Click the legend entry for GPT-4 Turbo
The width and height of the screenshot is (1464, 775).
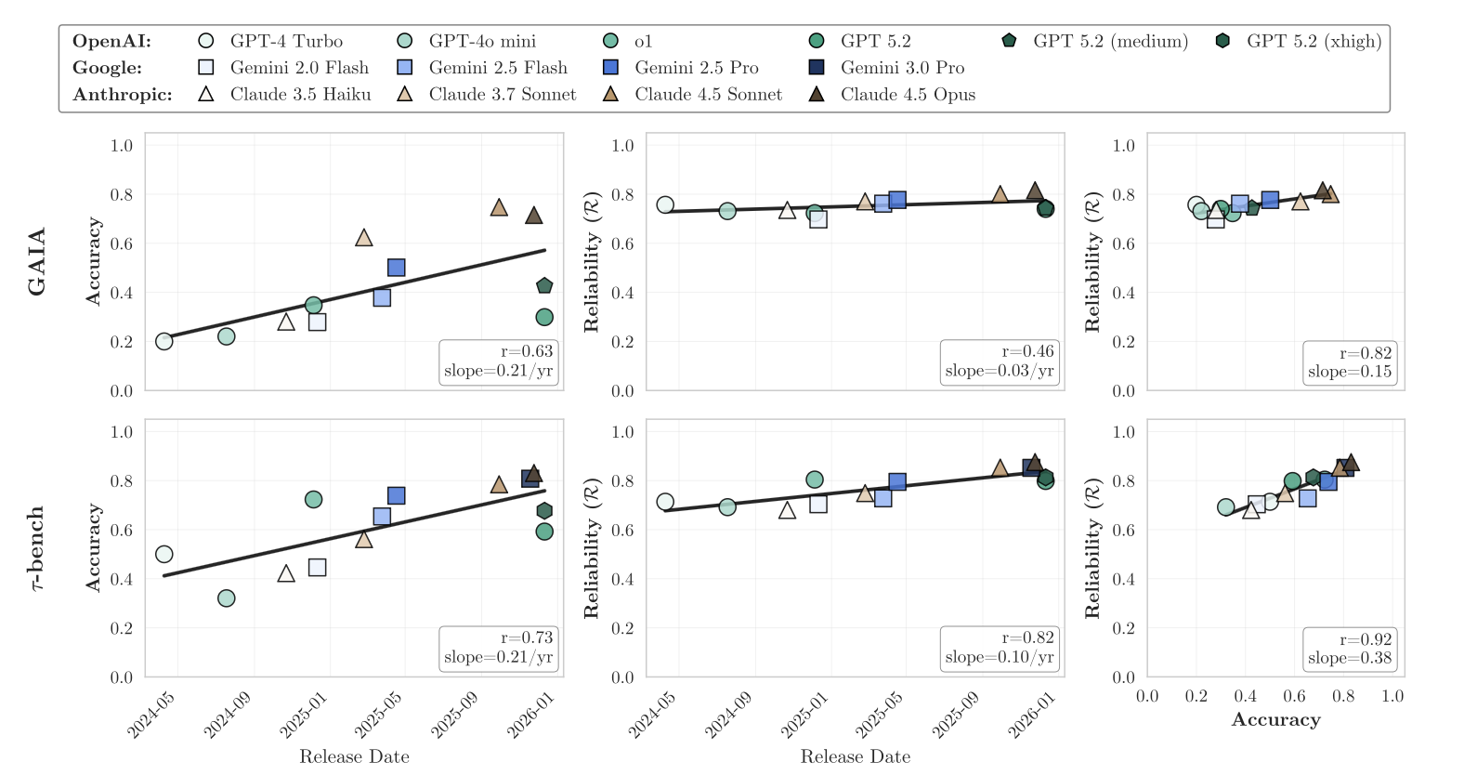pos(270,41)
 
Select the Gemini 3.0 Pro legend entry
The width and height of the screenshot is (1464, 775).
pos(887,68)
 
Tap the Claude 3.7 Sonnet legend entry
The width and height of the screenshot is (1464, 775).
pos(487,95)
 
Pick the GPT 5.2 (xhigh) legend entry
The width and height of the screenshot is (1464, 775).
pos(1299,41)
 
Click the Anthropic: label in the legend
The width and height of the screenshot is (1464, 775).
pos(122,95)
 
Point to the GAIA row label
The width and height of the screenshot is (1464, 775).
pos(37,261)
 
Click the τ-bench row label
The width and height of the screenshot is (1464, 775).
pos(37,548)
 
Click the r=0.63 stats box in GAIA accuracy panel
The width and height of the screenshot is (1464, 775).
pos(499,361)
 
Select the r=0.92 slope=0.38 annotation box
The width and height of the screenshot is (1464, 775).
pos(1350,649)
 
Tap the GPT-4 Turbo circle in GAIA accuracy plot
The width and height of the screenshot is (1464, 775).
pos(164,341)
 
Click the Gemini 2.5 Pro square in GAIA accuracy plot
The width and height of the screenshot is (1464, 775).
pos(397,268)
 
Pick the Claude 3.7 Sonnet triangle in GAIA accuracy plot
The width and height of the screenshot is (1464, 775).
pos(364,238)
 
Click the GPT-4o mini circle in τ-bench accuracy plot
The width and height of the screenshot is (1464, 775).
pos(227,598)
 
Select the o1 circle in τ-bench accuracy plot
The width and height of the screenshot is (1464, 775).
pos(314,500)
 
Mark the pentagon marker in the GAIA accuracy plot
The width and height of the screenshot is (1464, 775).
pos(544,286)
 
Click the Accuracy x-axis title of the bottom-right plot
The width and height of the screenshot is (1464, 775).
pos(1275,720)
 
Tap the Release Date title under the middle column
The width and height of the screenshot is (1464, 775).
pos(855,756)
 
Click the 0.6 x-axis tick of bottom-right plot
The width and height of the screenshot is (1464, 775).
pos(1294,696)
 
